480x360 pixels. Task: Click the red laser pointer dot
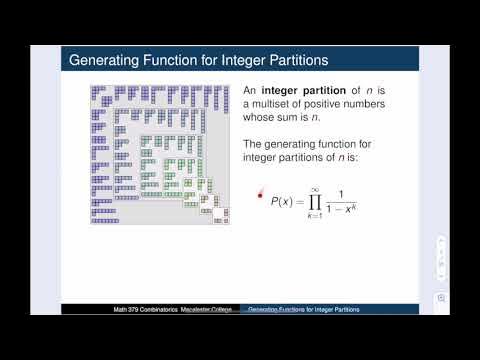(x=261, y=194)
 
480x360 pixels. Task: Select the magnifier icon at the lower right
(x=441, y=298)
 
